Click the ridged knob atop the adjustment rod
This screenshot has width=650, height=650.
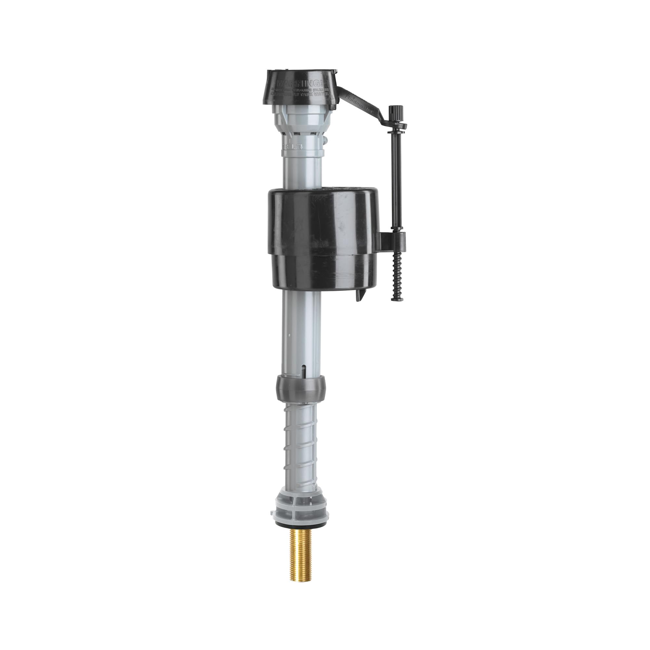tap(394, 111)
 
